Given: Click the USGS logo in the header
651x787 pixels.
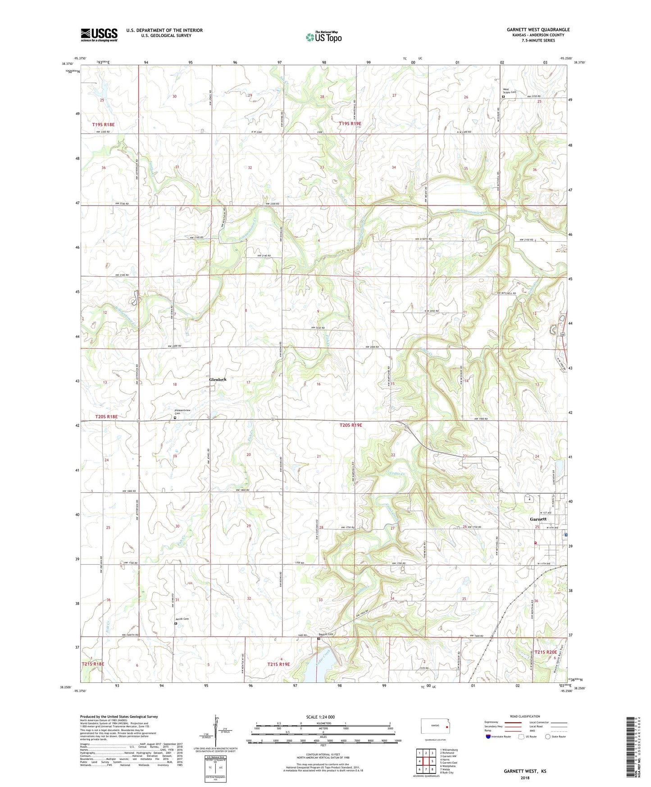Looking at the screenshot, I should click(99, 35).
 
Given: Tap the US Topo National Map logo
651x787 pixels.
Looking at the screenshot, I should click(323, 37).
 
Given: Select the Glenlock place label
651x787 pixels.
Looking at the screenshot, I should click(218, 380).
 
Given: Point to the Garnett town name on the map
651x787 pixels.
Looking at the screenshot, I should click(538, 519).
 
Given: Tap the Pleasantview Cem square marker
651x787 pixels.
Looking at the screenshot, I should click(175, 418).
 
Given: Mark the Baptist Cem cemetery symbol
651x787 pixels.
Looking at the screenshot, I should click(318, 639).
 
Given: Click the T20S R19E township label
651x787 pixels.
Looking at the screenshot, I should click(351, 425).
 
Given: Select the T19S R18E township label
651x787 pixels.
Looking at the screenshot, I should click(103, 124).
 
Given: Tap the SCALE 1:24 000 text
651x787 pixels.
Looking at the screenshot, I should click(320, 717).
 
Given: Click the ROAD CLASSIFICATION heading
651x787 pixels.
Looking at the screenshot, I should click(525, 716).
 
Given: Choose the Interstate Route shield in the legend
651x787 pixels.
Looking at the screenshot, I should click(488, 737).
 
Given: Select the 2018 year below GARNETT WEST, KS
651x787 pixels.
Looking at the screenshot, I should click(525, 778).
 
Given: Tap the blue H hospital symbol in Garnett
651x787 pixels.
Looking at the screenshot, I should click(565, 535).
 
